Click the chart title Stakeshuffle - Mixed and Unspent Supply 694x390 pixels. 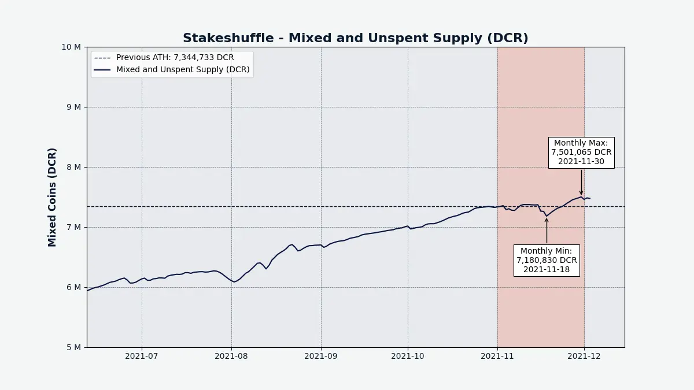click(355, 38)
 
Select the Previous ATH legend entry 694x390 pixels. click(164, 58)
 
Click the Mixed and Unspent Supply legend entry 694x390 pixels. click(172, 70)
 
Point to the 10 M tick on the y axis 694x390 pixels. click(71, 47)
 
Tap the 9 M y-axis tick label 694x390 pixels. click(74, 107)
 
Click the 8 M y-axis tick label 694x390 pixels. click(74, 167)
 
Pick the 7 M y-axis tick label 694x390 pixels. click(74, 227)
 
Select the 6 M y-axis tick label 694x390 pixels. click(74, 287)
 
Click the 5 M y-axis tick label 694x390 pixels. click(74, 347)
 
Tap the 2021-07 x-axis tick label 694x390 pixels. click(142, 356)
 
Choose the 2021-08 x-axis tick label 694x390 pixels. click(231, 356)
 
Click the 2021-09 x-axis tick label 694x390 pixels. click(320, 356)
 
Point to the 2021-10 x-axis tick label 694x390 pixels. click(407, 356)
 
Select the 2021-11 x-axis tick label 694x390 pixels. click(497, 356)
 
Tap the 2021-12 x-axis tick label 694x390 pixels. click(584, 356)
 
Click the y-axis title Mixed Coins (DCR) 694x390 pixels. click(52, 197)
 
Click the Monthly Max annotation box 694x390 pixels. click(581, 153)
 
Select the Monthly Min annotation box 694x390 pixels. click(547, 261)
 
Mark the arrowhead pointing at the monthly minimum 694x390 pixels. click(547, 220)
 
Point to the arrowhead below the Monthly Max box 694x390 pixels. click(581, 193)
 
